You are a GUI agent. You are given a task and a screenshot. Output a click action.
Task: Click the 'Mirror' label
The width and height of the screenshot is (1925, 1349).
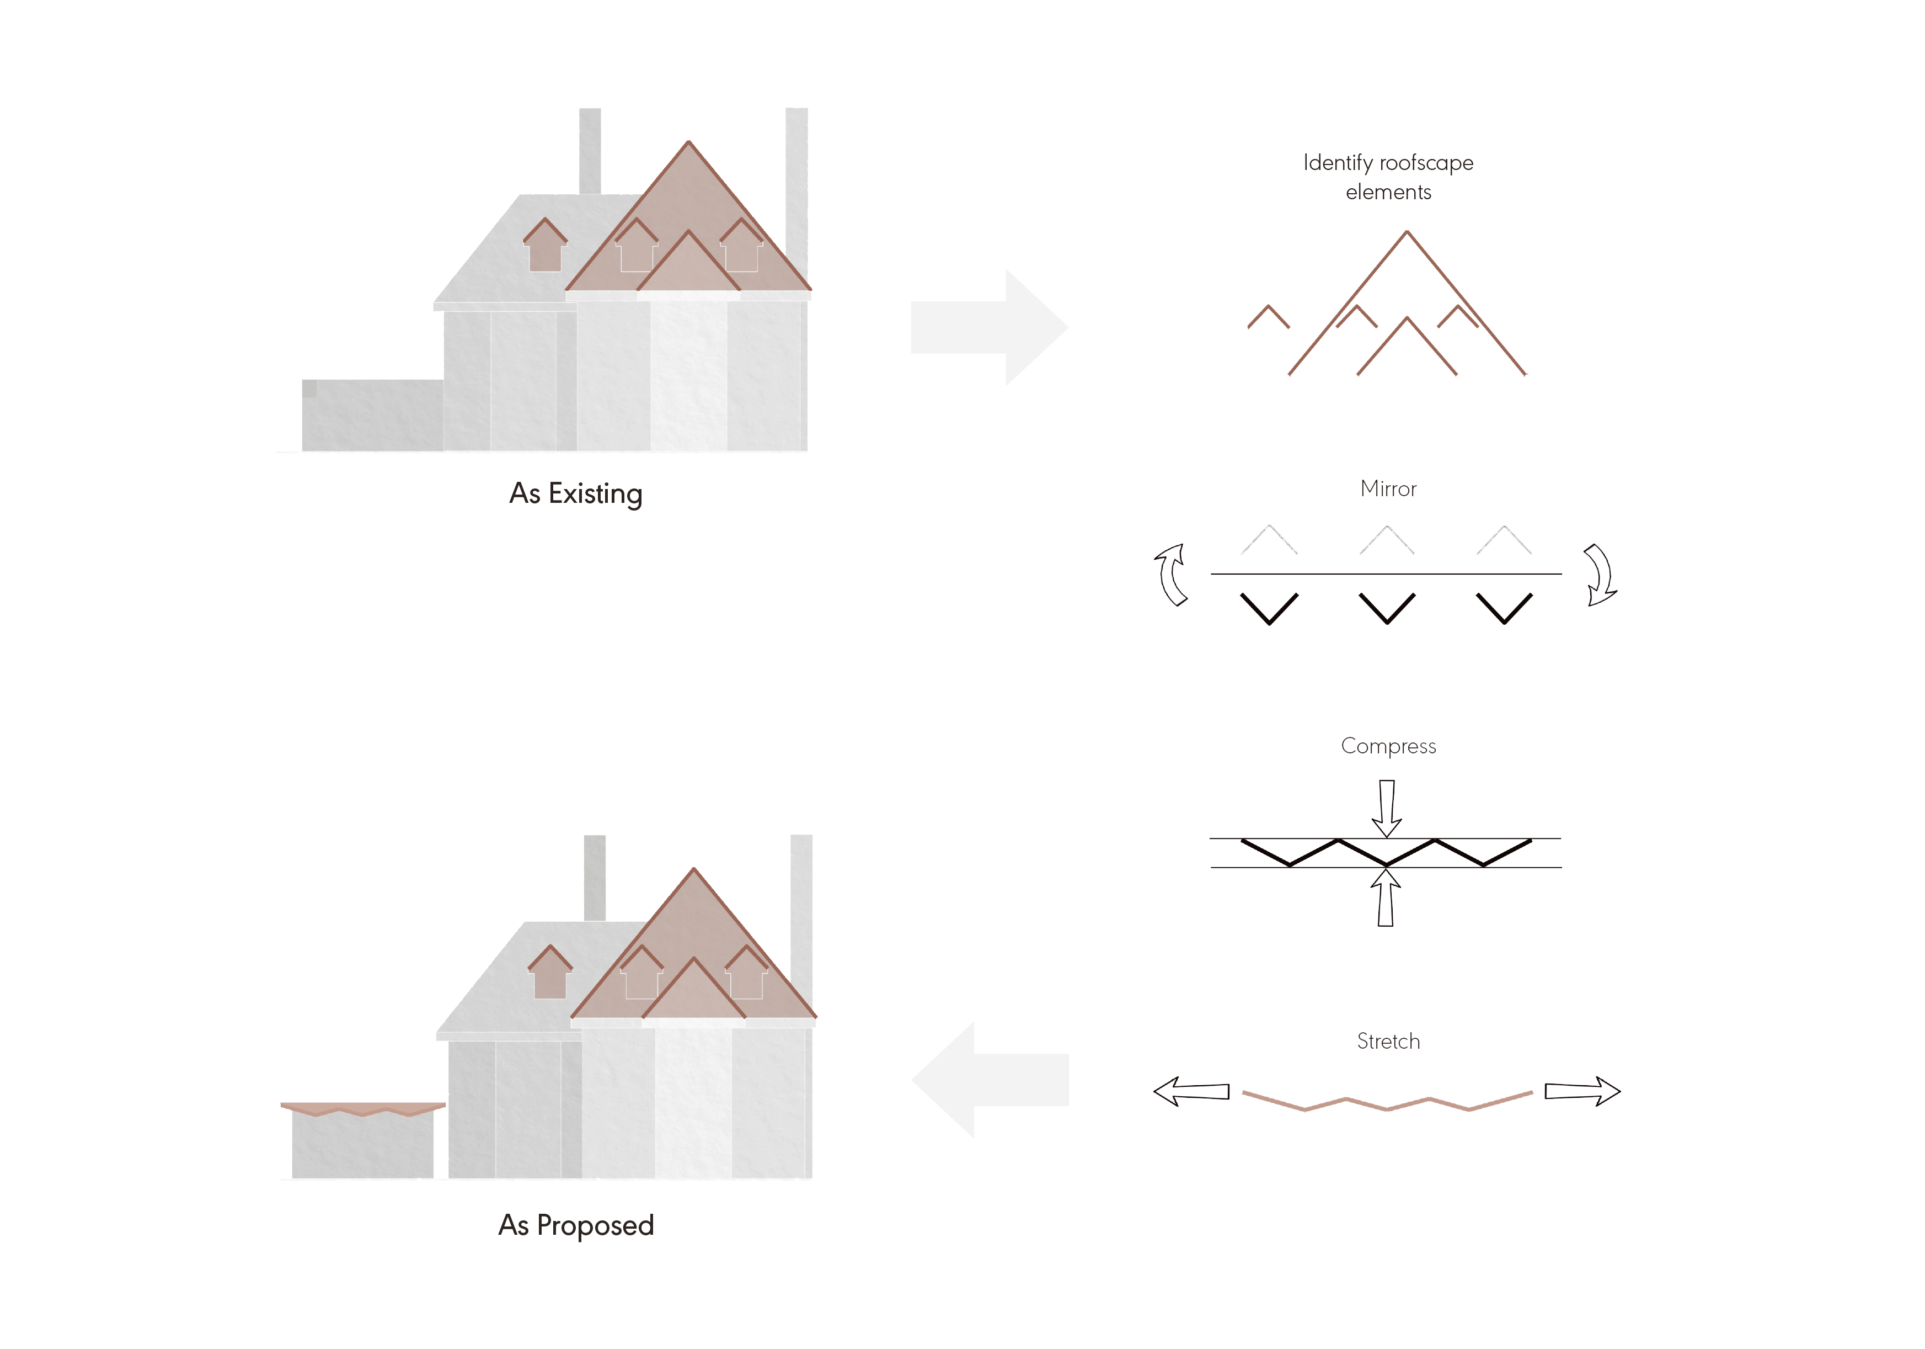1388,488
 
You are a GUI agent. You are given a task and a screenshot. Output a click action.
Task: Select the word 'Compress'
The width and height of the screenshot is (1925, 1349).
1388,746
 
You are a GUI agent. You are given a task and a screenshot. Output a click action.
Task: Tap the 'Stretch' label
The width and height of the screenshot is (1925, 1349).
1388,1041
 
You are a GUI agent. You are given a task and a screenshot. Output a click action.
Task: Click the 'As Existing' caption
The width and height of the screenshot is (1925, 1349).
576,493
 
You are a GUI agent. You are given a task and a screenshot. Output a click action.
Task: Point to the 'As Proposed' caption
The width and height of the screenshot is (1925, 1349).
576,1225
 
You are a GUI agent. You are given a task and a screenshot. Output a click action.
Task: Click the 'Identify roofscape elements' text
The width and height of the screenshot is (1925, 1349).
1388,177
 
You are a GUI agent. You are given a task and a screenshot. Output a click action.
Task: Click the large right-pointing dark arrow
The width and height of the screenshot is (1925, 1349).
990,327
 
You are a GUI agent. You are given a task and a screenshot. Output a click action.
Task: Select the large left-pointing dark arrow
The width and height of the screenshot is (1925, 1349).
990,1080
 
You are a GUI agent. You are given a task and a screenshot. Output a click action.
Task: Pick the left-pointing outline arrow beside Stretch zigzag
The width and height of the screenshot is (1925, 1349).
1190,1091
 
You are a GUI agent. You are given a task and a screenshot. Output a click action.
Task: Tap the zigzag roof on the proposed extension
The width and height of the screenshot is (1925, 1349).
362,1109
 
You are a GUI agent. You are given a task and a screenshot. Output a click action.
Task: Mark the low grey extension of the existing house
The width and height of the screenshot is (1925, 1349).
372,415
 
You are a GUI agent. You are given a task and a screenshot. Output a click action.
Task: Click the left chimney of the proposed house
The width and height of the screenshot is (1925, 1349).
595,877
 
